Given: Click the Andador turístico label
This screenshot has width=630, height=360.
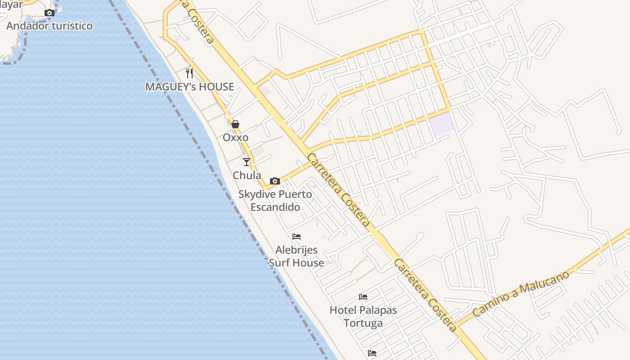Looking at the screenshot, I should coord(49,26).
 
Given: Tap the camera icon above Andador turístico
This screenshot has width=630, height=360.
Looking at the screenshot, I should coord(49,13).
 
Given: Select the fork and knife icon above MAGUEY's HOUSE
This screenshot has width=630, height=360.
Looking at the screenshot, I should coord(189,73).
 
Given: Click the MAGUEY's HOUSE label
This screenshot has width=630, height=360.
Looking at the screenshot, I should coord(189,86).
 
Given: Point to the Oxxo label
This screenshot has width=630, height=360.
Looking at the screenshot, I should coord(235,137).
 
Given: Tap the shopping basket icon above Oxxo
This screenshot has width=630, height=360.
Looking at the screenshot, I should coord(235,124).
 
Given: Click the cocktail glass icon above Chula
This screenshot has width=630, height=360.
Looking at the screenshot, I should coord(247,162).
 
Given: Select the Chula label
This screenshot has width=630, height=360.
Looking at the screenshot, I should coord(247,175).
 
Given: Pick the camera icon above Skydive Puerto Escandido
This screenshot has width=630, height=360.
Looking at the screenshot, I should coord(275,181).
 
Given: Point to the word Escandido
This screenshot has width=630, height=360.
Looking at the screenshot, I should coord(275,207).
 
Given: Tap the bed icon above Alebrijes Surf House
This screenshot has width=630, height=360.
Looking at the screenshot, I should coord(297,236).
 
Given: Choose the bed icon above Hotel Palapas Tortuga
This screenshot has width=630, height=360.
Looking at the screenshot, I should coord(363,297).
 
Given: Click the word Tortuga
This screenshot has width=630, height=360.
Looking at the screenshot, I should coord(363,323).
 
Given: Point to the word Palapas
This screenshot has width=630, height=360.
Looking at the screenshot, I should coord(379,310).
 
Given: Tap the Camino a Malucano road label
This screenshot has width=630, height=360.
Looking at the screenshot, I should coord(521,293).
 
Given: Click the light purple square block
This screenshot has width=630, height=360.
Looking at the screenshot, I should coord(442,123).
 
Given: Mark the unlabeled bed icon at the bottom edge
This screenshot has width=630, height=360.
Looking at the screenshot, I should coord(372,353).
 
